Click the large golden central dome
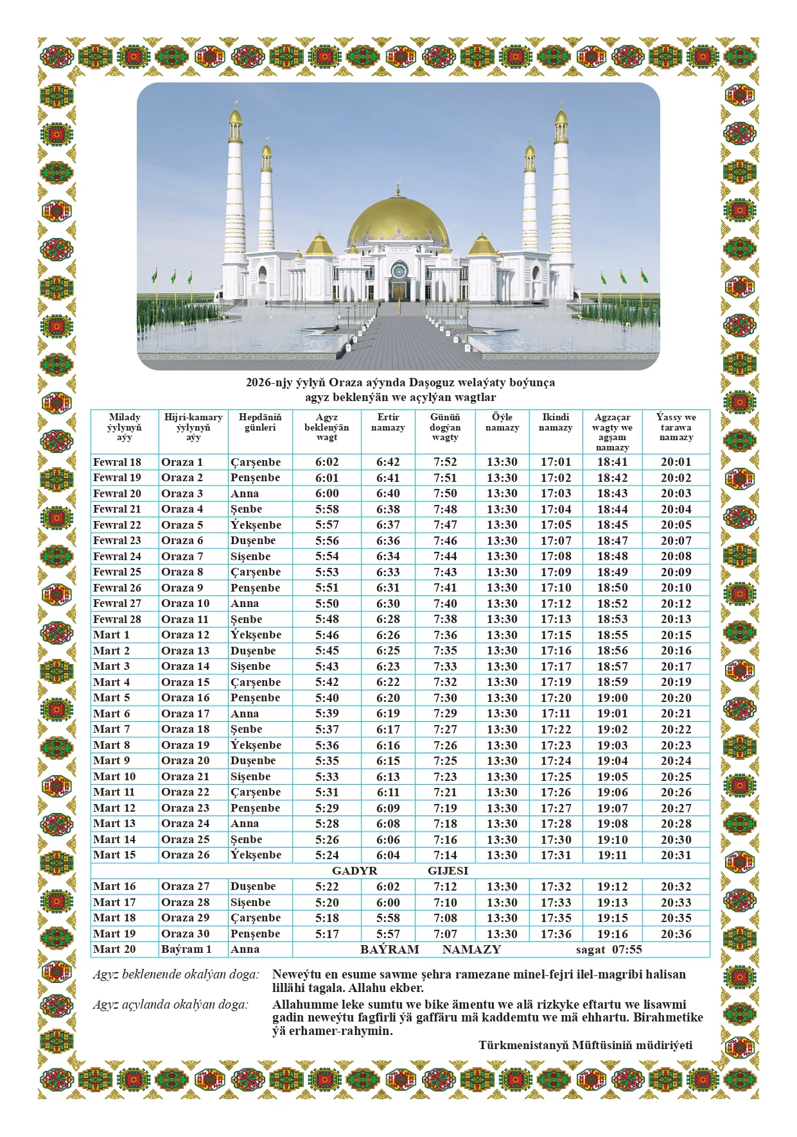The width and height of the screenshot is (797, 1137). (398, 218)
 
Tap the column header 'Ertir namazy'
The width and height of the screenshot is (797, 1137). (388, 422)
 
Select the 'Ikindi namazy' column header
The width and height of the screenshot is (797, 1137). (556, 422)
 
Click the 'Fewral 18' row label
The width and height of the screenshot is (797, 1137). (117, 462)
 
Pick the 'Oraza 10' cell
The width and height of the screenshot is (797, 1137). (185, 603)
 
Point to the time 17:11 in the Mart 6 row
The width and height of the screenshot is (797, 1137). (556, 714)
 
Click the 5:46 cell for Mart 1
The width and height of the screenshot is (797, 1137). (327, 635)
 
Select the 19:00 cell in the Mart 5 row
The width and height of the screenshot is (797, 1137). (612, 697)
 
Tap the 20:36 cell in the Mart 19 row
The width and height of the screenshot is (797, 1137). (676, 934)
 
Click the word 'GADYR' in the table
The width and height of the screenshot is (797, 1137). (355, 871)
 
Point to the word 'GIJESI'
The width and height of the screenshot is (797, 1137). (448, 871)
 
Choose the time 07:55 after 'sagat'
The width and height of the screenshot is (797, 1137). (627, 950)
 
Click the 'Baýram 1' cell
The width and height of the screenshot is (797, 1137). (186, 949)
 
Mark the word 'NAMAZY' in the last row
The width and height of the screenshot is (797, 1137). (471, 950)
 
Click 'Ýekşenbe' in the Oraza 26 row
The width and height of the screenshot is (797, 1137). (256, 855)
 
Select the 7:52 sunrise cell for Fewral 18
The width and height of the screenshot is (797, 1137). (445, 462)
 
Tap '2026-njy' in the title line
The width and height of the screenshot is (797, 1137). (268, 382)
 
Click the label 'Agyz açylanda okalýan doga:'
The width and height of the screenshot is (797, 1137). (170, 1005)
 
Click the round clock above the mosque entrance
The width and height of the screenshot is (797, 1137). (399, 269)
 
